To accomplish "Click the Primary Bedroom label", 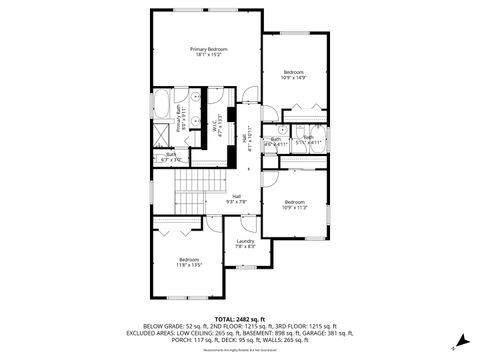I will [210, 48].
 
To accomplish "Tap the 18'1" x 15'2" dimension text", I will [210, 55].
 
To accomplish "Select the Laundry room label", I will [245, 241].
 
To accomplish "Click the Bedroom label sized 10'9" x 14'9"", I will [293, 72].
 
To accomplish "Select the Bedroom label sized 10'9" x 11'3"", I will [293, 201].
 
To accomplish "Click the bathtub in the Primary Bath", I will [160, 103].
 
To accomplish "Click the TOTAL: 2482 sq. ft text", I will [240, 318].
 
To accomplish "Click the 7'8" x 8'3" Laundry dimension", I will [245, 247].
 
